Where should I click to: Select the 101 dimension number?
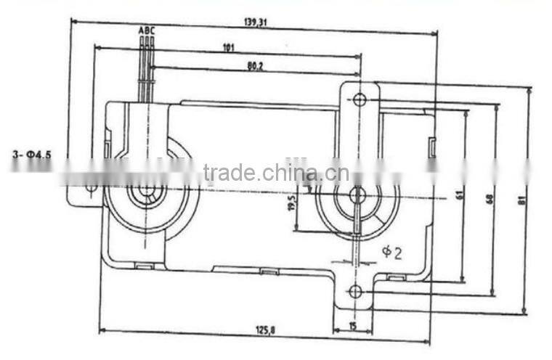228,49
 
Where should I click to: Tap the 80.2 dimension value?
255,66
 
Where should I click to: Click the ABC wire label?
146,30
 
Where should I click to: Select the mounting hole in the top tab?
360,100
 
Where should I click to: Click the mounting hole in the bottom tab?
354,292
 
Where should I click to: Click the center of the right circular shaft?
357,195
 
